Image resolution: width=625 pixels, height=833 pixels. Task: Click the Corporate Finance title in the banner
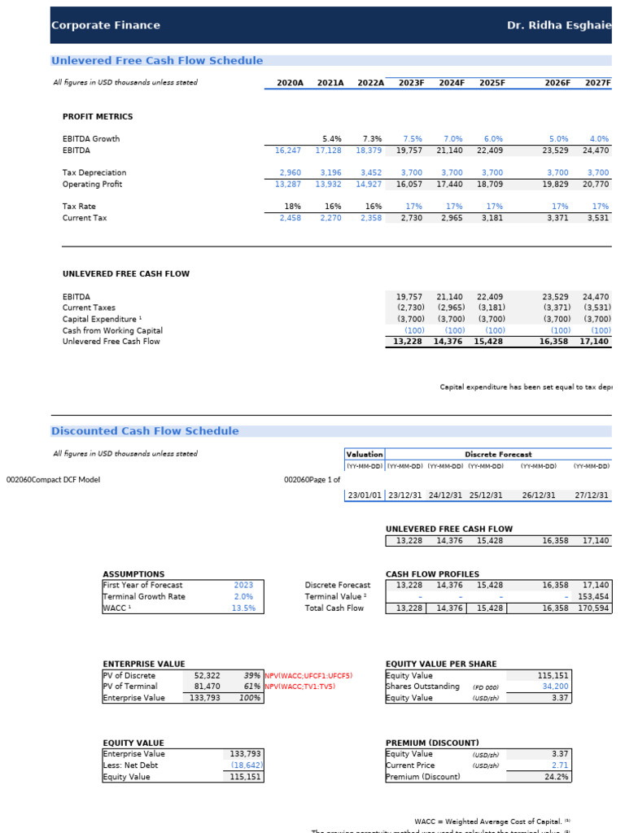coord(106,25)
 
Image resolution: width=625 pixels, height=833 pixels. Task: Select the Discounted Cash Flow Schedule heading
coord(145,431)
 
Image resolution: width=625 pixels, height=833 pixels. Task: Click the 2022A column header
coord(370,83)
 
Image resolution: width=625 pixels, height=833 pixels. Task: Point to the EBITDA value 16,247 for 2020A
coord(290,150)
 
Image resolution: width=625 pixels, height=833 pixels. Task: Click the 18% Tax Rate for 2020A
coord(294,207)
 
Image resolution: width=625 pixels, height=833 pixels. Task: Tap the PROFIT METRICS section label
coord(98,117)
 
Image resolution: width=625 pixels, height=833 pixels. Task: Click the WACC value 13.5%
coord(243,608)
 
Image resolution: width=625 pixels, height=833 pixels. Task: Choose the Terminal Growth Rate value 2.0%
coord(243,596)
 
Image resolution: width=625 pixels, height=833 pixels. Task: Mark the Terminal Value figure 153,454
coord(593,596)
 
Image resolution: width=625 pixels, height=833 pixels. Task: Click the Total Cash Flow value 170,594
coord(593,608)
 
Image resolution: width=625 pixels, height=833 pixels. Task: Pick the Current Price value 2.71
coord(559,765)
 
